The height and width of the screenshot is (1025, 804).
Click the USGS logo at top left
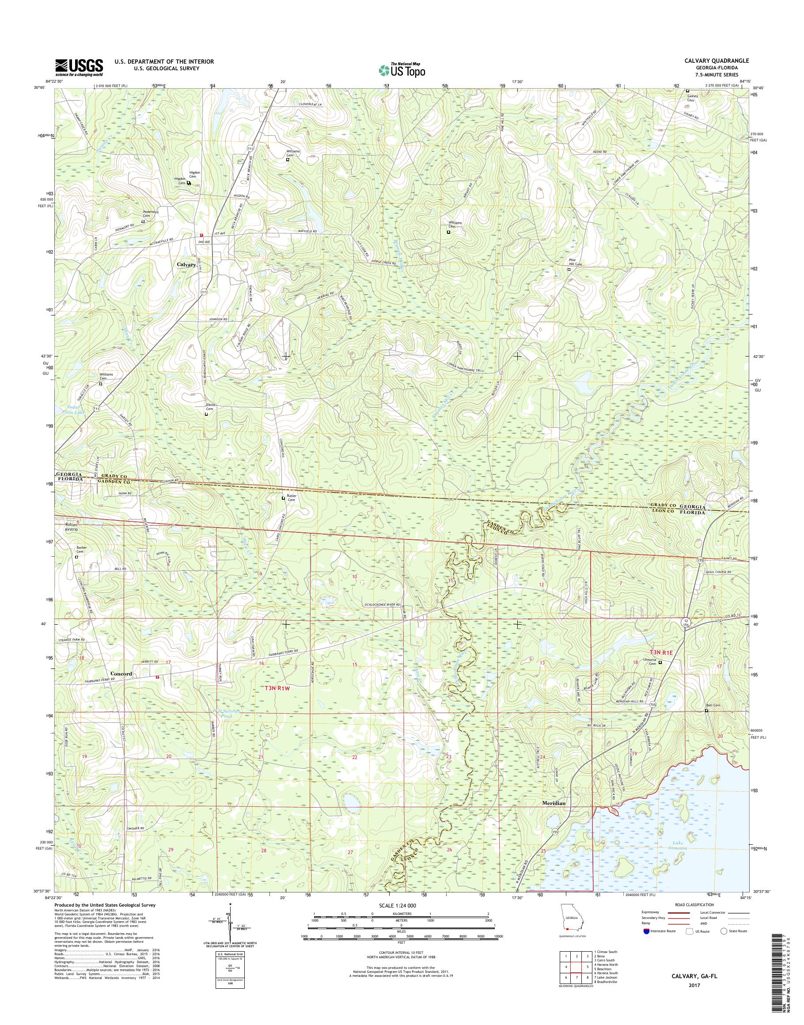(79, 67)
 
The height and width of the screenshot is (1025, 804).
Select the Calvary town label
(186, 265)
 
